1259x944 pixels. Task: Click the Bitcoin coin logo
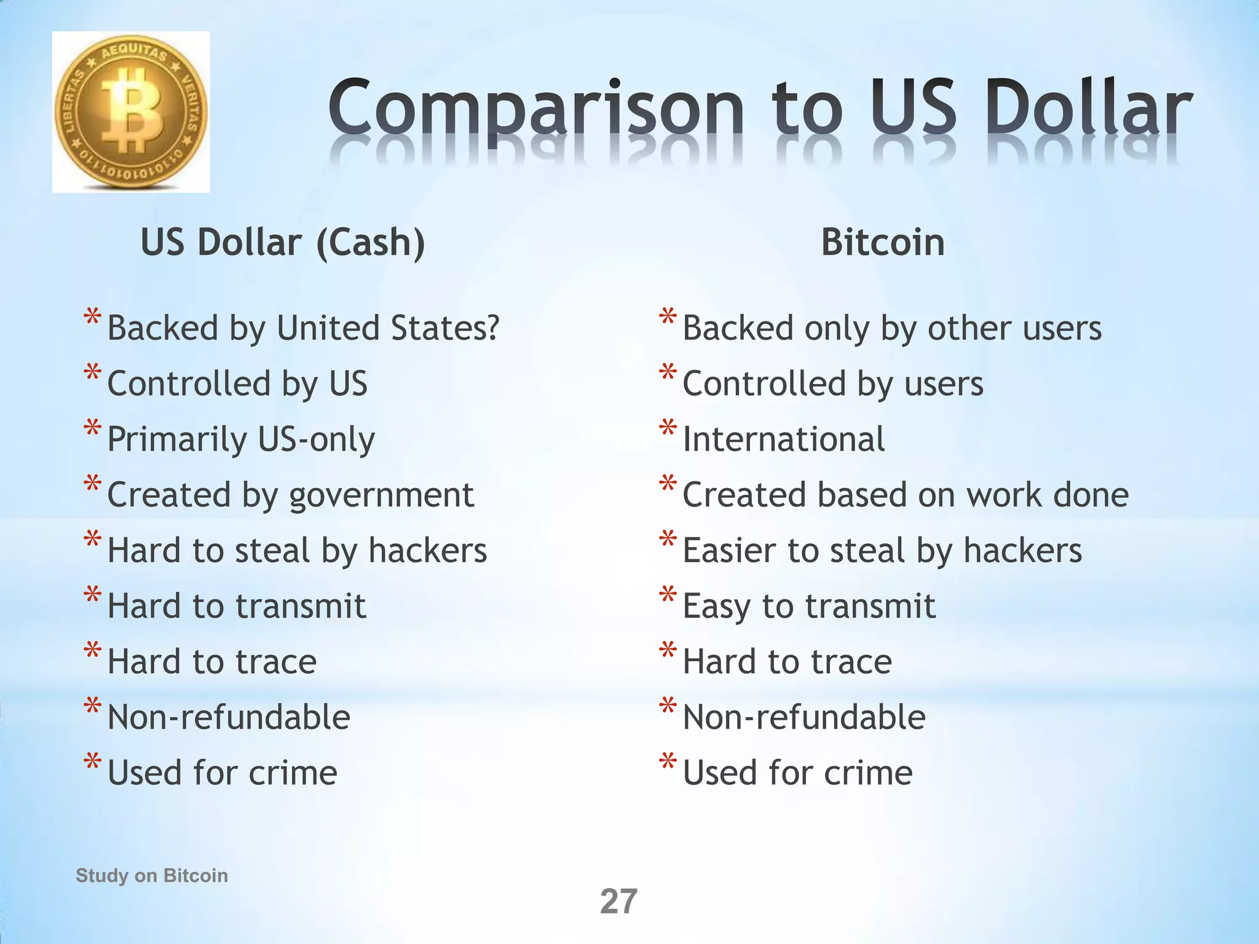(131, 112)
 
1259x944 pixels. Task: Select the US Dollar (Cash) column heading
(283, 242)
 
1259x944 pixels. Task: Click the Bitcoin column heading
(883, 242)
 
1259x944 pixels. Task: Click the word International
(784, 439)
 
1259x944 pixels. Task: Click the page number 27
(618, 902)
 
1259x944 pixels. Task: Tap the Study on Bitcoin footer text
(152, 875)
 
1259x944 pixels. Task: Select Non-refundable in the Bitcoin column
(804, 717)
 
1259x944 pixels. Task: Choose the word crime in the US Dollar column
(293, 773)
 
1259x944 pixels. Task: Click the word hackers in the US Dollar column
(428, 550)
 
